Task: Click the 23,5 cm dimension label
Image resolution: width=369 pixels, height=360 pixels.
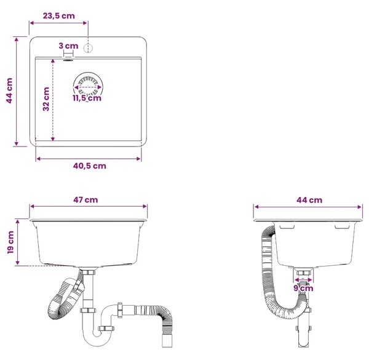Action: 58,16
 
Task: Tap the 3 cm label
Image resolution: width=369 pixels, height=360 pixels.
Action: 68,46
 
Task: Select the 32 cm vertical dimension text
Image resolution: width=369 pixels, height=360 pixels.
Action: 46,99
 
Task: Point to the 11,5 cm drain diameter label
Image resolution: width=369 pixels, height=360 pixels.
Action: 87,98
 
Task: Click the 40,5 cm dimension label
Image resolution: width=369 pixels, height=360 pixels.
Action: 89,166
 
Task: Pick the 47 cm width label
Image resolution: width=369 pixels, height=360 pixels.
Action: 85,200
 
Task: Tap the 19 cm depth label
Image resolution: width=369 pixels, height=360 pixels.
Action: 10,242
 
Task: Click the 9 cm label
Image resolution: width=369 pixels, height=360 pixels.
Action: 303,288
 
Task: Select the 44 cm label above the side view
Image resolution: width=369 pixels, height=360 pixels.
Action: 309,200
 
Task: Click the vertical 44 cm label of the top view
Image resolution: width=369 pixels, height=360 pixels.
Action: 9,90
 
